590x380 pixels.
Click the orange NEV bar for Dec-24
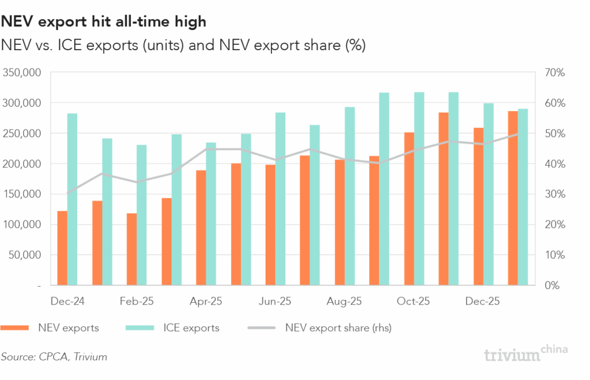tap(62, 248)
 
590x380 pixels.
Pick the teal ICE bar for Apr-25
tap(211, 214)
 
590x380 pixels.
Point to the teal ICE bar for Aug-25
tap(350, 196)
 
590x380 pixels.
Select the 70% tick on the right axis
tap(554, 73)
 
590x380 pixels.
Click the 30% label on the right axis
tap(554, 194)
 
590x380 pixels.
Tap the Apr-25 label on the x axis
tap(206, 301)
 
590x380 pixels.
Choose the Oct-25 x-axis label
tap(414, 301)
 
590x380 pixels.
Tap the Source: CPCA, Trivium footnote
tap(54, 357)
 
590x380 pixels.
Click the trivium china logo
tap(526, 354)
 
